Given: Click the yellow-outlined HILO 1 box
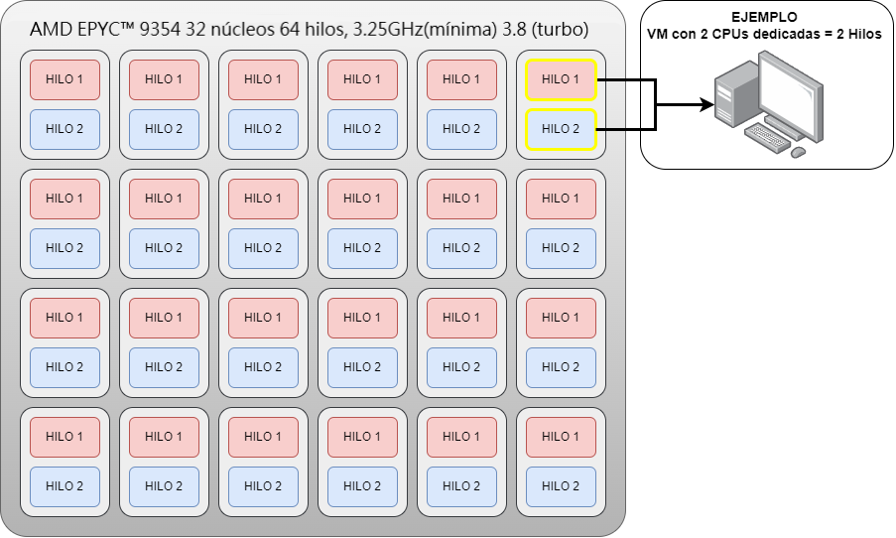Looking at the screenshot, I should [x=561, y=79].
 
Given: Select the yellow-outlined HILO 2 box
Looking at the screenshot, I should [x=561, y=129].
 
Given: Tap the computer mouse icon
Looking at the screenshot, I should [x=798, y=152].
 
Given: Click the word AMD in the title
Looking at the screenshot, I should [x=51, y=31].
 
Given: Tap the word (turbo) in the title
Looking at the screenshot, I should [x=559, y=31].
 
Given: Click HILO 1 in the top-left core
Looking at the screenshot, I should [x=64, y=79].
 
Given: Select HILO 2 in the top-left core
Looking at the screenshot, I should [x=64, y=129].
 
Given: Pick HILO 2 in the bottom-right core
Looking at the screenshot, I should [x=561, y=486].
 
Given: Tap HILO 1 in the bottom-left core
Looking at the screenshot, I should [x=64, y=437].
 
